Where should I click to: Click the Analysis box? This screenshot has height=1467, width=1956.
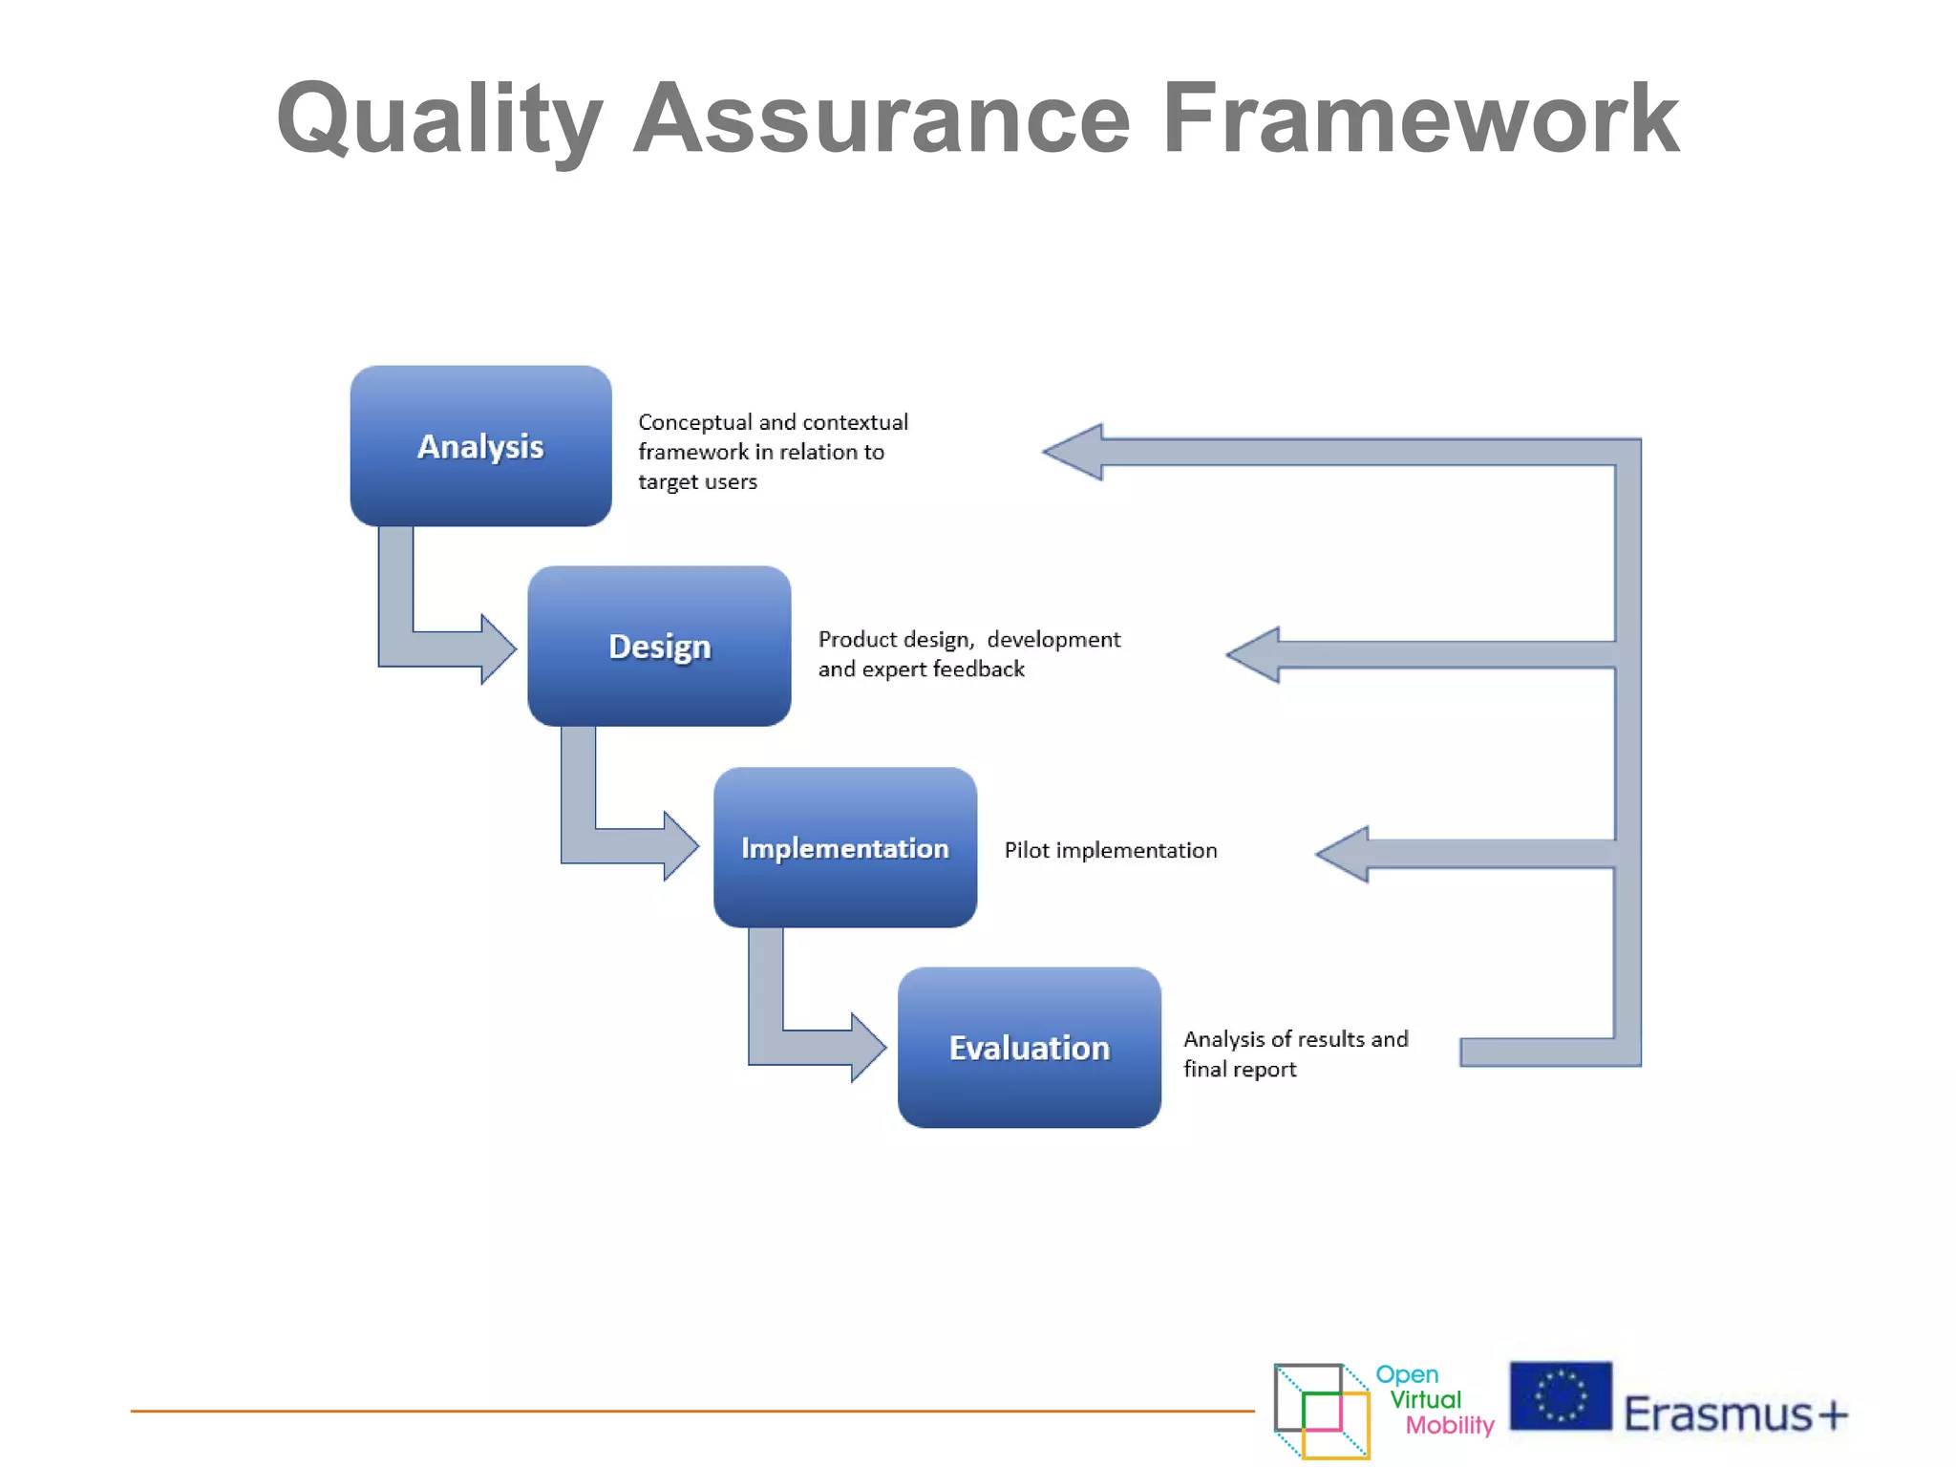tap(480, 446)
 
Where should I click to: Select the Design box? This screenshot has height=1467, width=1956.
tap(659, 647)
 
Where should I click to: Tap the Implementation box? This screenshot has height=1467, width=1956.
tap(844, 847)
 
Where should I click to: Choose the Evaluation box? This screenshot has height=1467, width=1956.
tap(1029, 1048)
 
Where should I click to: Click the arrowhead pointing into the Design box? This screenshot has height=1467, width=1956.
tap(498, 649)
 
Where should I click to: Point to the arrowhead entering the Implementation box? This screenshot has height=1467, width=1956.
tap(680, 846)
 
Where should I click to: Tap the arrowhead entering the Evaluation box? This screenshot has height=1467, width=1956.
tap(867, 1048)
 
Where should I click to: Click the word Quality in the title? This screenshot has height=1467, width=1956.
tap(439, 119)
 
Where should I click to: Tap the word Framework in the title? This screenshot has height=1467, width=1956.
tap(1419, 119)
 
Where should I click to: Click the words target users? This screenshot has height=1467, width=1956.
tap(697, 481)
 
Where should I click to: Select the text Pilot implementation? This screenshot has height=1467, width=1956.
tap(1110, 850)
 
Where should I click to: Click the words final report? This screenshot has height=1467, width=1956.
tap(1240, 1069)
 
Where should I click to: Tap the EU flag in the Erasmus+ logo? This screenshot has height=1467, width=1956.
tap(1560, 1396)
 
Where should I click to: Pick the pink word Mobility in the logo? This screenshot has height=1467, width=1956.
tap(1449, 1425)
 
